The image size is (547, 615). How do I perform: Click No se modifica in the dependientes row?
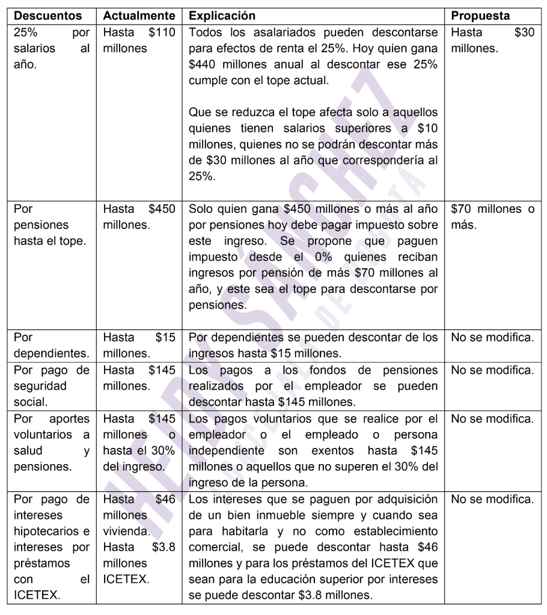492,338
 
